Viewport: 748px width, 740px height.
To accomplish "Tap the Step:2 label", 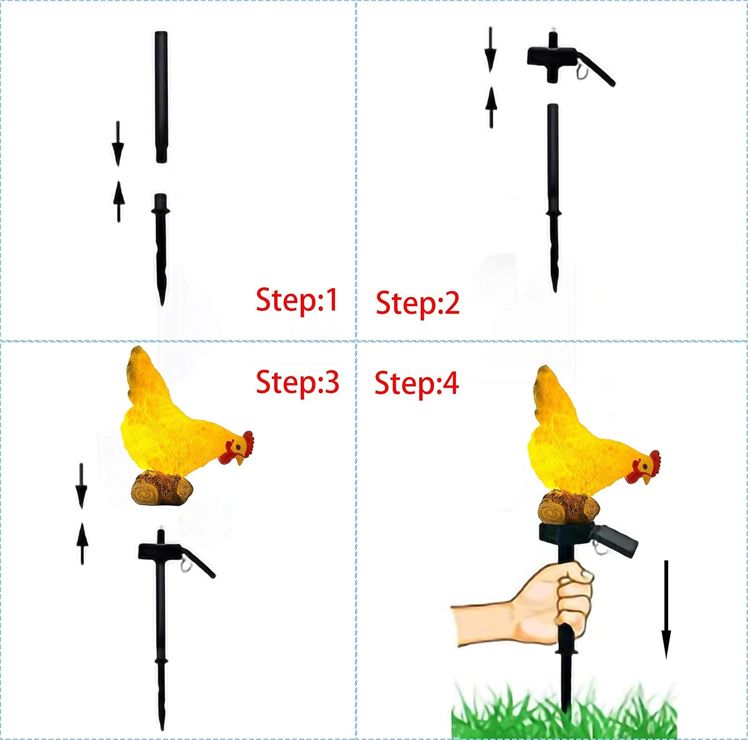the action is click(417, 303).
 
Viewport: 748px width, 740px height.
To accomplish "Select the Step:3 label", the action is click(298, 382).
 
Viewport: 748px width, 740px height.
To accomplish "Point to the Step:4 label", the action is click(416, 383).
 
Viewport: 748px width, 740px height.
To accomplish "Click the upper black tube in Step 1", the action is click(161, 97).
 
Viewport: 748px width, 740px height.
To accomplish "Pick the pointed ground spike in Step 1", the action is click(161, 249).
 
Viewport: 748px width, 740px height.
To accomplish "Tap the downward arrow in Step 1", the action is click(118, 144).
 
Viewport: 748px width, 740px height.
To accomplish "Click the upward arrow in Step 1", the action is click(118, 201).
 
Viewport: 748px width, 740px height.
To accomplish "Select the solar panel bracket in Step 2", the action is click(568, 59).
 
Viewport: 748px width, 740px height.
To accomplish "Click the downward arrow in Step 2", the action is click(490, 49).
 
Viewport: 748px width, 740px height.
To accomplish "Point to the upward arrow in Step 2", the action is click(491, 107).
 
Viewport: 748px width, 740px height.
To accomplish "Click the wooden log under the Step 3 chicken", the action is click(162, 488).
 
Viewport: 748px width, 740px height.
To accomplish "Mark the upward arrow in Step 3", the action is click(82, 544).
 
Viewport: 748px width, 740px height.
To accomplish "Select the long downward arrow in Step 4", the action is click(666, 609).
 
